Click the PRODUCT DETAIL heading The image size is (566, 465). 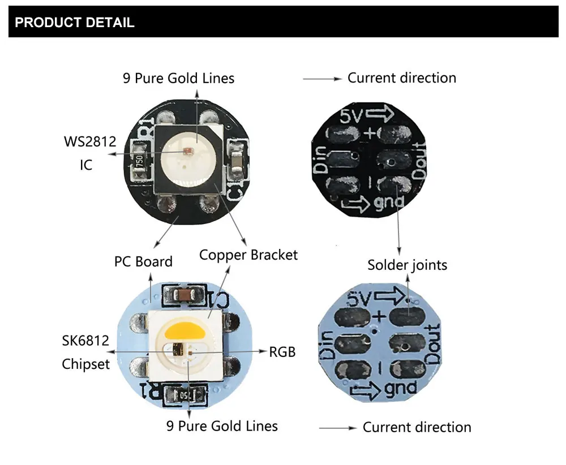pos(74,23)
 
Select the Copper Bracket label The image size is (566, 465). pos(248,255)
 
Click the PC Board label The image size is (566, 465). pos(143,262)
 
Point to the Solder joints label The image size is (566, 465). pos(407,265)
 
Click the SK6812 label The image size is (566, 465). pos(85,341)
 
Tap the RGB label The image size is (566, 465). pos(282,352)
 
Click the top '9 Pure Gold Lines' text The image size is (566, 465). pos(178,78)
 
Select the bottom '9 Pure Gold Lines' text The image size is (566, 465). pos(222,425)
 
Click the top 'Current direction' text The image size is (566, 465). pos(401,77)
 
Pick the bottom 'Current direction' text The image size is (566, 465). pos(417,427)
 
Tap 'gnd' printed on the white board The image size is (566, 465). pos(400,389)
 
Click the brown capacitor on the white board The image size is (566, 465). pos(183,295)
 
